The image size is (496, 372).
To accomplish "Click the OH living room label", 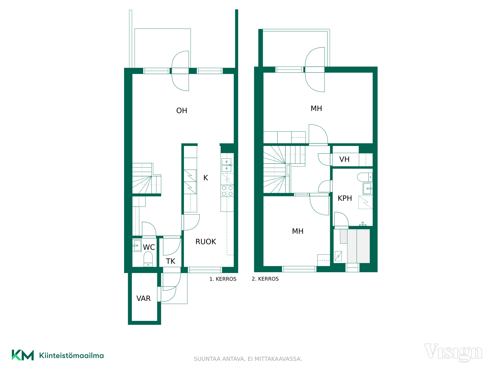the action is tap(182, 111).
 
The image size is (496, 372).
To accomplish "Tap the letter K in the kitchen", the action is tap(206, 178).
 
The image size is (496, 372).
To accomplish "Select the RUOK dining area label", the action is tap(206, 242).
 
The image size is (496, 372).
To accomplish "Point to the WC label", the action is tap(149, 247).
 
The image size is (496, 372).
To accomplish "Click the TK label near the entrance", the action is tap(171, 261).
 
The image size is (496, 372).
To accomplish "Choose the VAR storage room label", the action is tap(143, 298).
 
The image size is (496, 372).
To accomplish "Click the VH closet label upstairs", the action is tap(344, 159).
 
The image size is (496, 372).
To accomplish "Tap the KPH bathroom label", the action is tap(345, 198).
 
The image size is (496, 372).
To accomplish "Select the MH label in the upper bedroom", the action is tap(316, 109).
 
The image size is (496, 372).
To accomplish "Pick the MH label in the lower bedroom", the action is tap(298, 231).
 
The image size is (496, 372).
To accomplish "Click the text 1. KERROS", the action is tap(223, 279).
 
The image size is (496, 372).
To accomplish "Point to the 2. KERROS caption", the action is tap(265, 279).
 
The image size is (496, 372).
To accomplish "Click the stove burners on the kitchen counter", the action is tap(227, 191).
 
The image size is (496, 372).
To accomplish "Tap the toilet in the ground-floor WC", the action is tap(148, 259).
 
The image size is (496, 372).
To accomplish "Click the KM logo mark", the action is tap(23, 355).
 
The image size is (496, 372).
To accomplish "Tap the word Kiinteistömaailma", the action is tap(71, 355).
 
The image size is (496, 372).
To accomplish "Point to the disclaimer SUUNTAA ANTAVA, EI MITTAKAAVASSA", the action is tap(248, 359).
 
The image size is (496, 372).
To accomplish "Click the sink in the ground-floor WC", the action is tap(137, 245).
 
